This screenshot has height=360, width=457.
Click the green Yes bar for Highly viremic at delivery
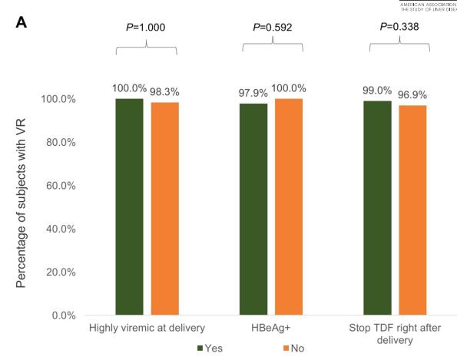129,206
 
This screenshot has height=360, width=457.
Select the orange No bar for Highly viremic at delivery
164,209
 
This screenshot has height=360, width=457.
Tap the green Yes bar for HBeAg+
253,209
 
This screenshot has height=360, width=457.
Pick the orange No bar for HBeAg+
289,206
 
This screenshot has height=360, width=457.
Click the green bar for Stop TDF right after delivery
377,207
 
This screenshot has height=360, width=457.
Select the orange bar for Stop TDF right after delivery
412,210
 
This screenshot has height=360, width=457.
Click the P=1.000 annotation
146,28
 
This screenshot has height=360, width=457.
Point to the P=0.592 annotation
271,28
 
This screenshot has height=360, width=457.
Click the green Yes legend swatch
201,348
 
